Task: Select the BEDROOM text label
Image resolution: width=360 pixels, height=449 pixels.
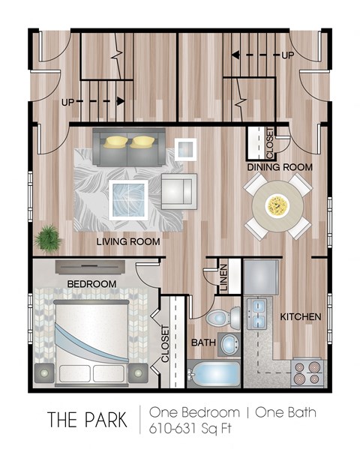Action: (91, 284)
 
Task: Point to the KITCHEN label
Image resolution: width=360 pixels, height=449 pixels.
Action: (301, 317)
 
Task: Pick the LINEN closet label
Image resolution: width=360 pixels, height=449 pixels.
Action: (223, 275)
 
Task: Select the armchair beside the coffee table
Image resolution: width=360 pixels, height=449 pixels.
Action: (178, 190)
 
